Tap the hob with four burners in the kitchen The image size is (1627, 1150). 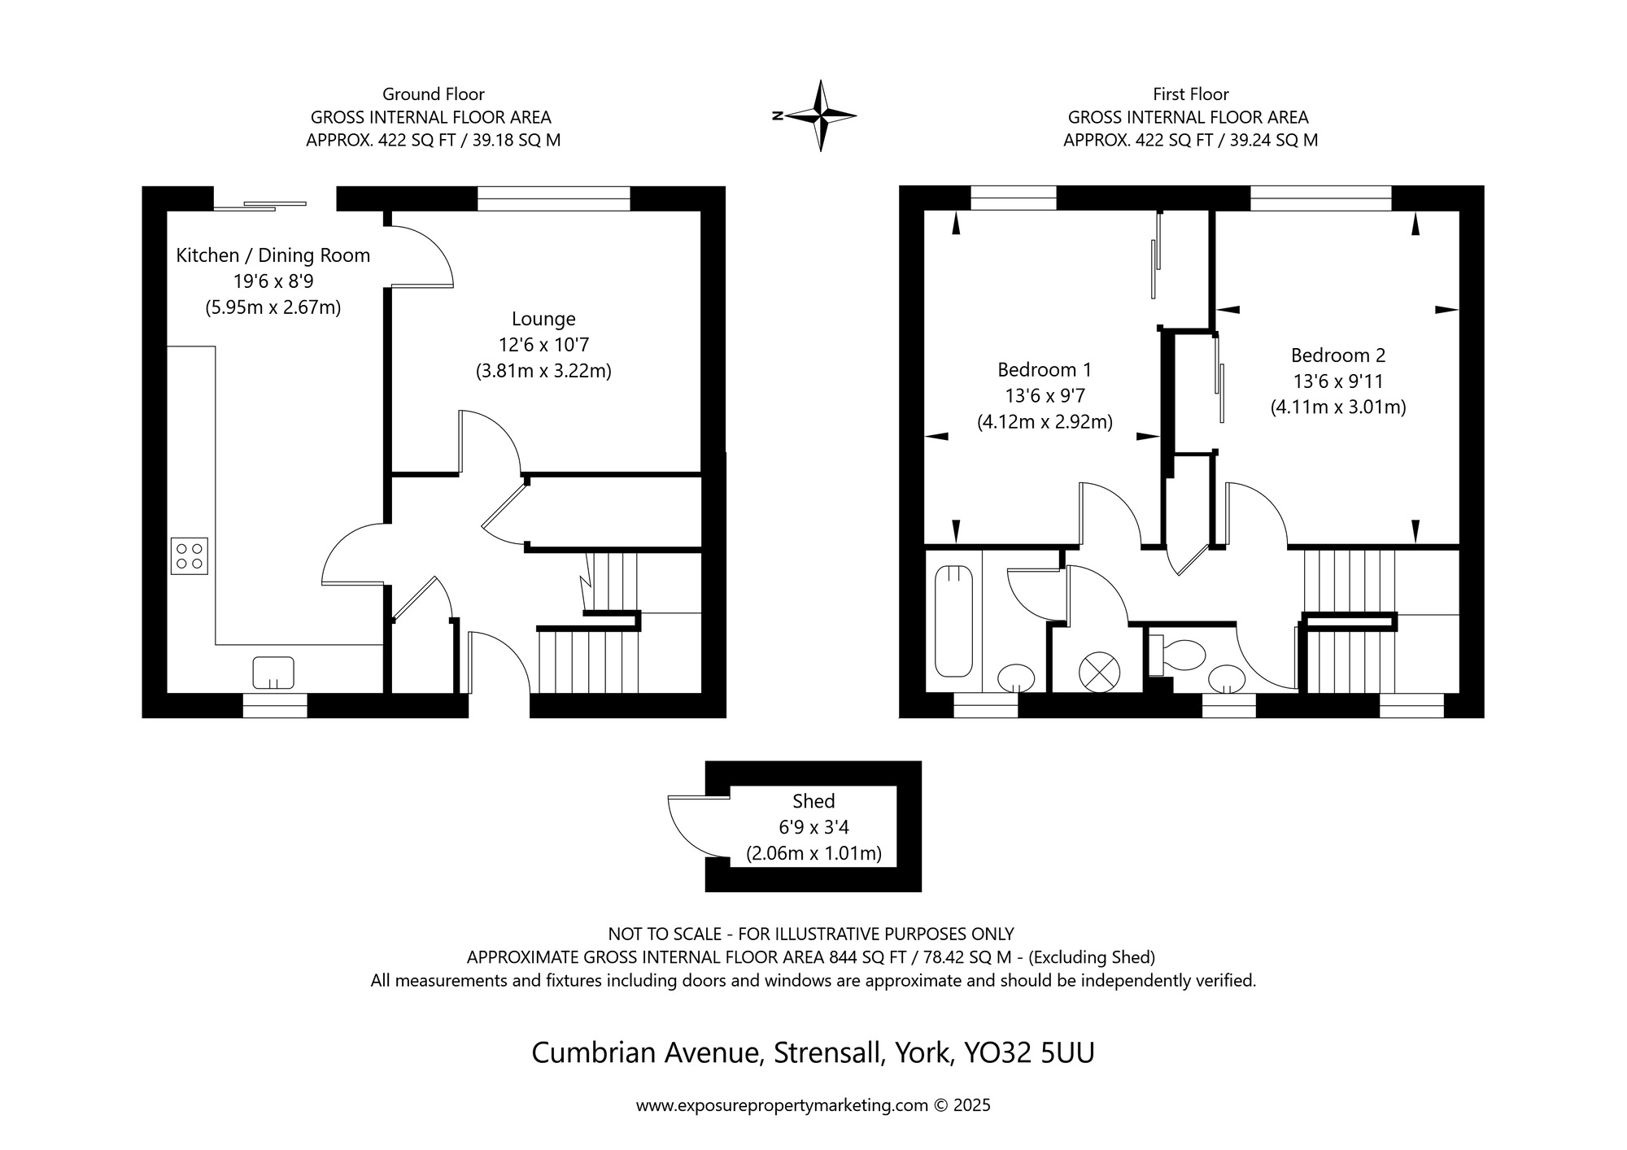[x=190, y=556]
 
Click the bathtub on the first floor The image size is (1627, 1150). [x=953, y=622]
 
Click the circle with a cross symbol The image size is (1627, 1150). [x=1099, y=673]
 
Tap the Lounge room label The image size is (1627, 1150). [x=543, y=319]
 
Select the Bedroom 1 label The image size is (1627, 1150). [x=1045, y=370]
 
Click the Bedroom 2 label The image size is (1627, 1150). [x=1338, y=355]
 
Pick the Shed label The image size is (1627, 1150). [x=813, y=801]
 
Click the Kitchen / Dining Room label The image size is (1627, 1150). [x=273, y=255]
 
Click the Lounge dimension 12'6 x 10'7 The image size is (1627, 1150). [x=543, y=345]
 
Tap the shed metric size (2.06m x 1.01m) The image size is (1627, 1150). [x=813, y=854]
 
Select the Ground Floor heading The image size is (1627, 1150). [x=434, y=94]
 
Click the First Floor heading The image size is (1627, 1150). [x=1191, y=94]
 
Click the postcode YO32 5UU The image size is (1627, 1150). [x=1029, y=1053]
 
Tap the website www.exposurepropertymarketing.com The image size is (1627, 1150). [x=782, y=1106]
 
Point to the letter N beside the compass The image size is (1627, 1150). [x=777, y=116]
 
